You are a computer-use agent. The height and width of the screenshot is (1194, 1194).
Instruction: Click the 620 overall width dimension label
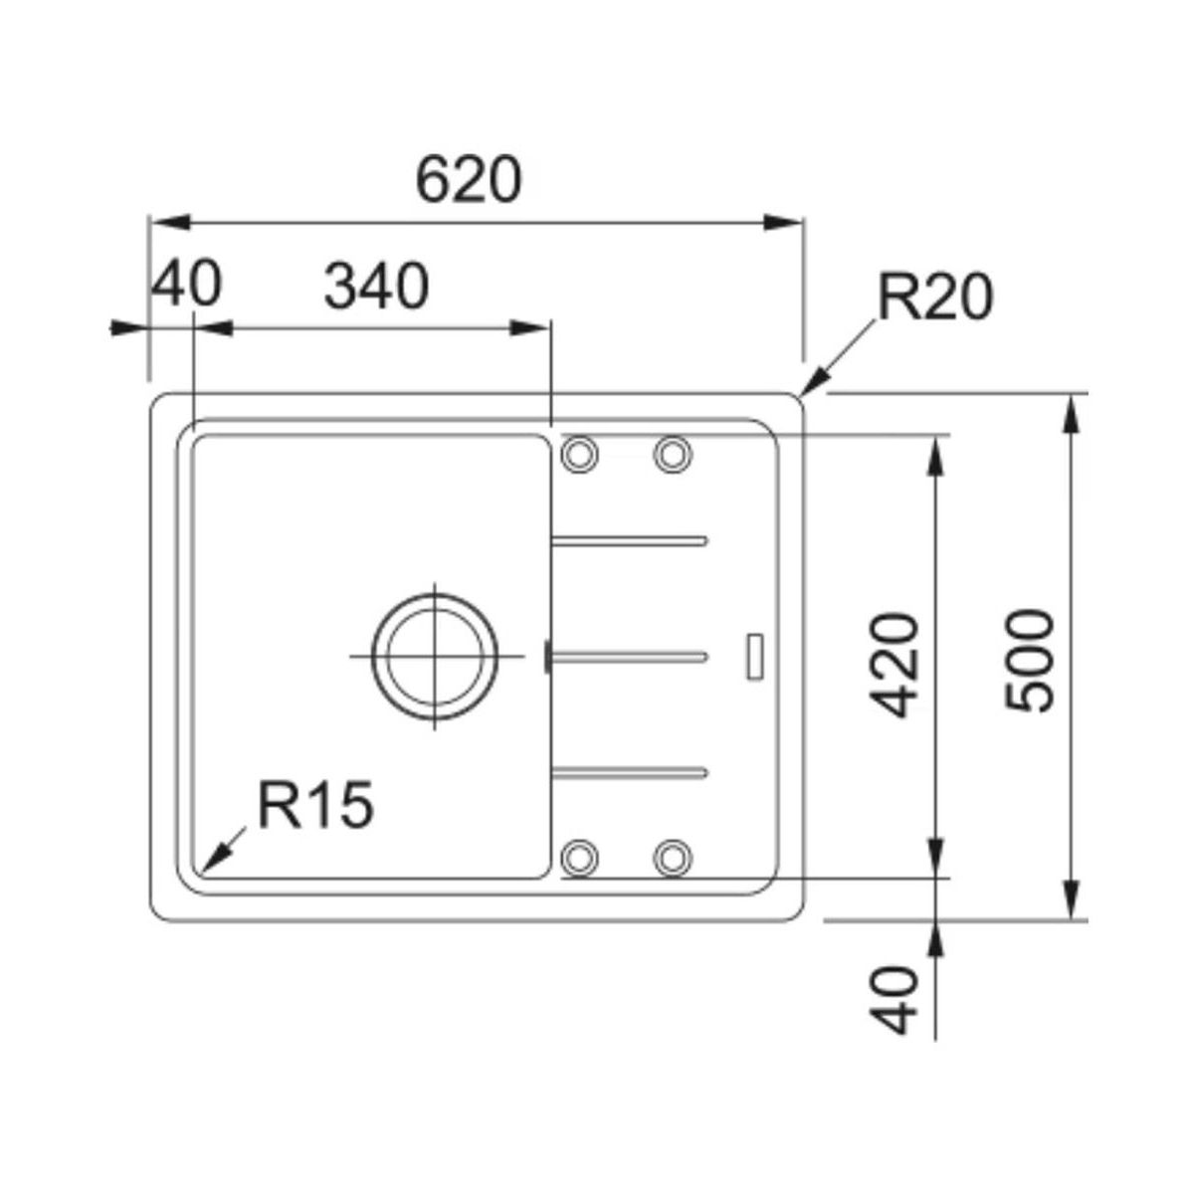469,180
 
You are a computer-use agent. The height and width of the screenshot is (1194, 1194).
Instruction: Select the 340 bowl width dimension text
376,286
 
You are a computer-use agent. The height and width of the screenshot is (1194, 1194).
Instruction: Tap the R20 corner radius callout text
935,298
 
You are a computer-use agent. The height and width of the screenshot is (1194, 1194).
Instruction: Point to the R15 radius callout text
316,804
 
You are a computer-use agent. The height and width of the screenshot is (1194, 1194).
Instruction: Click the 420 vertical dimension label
893,665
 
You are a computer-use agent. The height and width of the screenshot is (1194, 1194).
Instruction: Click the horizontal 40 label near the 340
186,284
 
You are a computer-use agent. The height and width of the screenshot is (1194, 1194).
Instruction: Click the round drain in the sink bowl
434,656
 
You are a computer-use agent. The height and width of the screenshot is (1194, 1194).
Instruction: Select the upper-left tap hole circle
579,454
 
